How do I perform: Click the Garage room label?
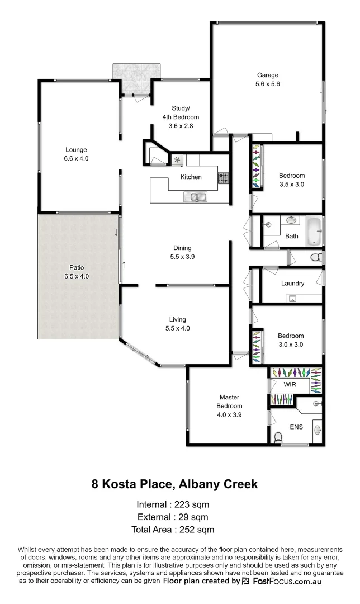click(267, 75)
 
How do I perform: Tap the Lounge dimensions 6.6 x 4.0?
click(76, 159)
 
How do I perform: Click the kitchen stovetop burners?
click(223, 178)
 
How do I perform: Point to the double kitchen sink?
click(195, 196)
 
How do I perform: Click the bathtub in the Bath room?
click(314, 232)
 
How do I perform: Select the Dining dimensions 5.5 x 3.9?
click(182, 257)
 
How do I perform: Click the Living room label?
click(177, 319)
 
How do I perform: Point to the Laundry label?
click(292, 284)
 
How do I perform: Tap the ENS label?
click(296, 427)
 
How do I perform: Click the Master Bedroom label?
click(230, 402)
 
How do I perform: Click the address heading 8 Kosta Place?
click(174, 484)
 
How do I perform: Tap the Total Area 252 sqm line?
click(173, 529)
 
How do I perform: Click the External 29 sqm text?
click(173, 517)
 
